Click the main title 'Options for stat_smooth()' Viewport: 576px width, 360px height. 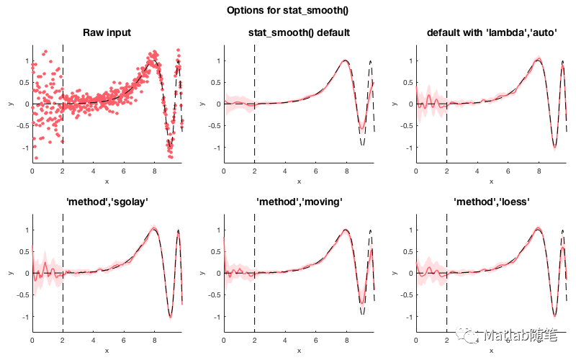click(x=288, y=10)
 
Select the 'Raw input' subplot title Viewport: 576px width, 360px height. click(x=107, y=32)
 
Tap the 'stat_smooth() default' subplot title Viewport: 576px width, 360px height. click(x=299, y=32)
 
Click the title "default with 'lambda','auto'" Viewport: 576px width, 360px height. click(x=490, y=32)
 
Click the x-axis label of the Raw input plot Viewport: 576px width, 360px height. click(x=107, y=181)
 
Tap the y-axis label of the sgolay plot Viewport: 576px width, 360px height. click(x=10, y=274)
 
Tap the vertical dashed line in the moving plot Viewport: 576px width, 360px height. click(x=254, y=288)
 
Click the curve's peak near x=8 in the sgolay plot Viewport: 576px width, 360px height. click(x=153, y=228)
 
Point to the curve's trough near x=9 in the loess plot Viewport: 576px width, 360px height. click(x=554, y=315)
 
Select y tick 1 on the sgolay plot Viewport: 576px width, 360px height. click(x=26, y=230)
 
